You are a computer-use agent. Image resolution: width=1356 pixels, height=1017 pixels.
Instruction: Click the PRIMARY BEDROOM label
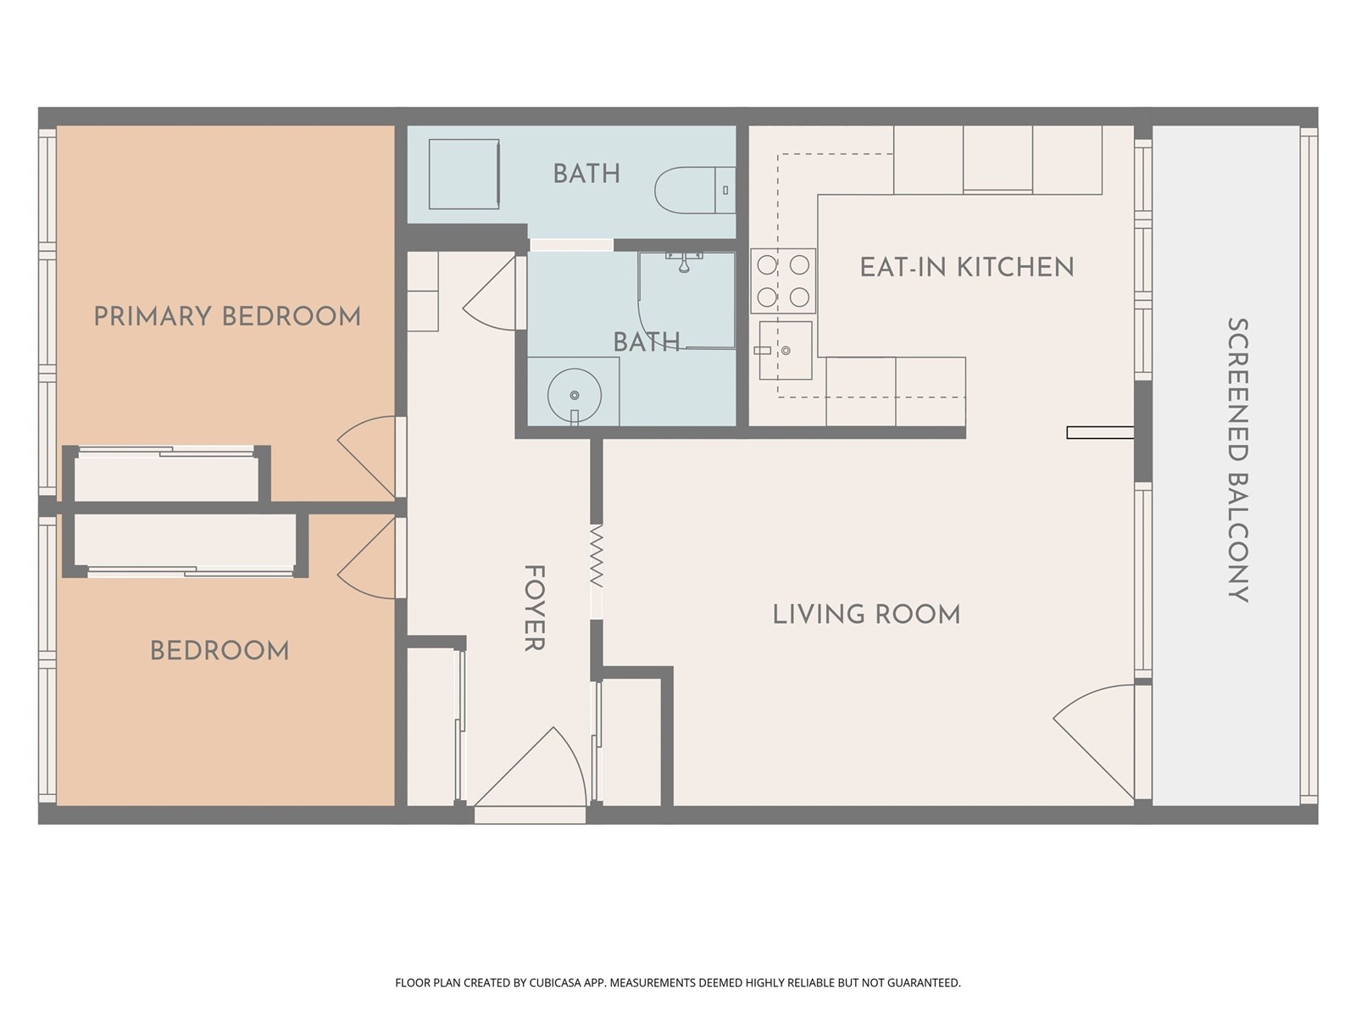[227, 317]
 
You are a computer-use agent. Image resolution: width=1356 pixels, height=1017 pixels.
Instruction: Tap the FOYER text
[535, 608]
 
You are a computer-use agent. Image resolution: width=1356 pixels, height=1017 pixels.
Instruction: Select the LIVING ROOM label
[867, 614]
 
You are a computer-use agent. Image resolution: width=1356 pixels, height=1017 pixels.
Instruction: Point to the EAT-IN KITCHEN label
[967, 267]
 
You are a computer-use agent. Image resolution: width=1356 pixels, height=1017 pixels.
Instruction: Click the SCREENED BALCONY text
[1238, 460]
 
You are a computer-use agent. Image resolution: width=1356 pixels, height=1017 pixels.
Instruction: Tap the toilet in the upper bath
[695, 190]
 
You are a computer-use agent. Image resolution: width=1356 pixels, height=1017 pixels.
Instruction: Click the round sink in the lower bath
[574, 396]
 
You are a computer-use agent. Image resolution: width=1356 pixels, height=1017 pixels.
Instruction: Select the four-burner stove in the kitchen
[783, 281]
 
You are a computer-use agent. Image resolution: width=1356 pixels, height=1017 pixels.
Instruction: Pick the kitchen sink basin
[785, 350]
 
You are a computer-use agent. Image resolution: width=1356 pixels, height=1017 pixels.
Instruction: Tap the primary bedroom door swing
[366, 457]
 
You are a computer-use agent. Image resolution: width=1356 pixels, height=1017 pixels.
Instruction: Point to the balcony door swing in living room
[1094, 742]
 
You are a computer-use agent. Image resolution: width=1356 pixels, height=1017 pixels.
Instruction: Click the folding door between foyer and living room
[596, 556]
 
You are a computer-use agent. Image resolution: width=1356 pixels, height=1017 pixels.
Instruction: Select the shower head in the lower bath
[684, 262]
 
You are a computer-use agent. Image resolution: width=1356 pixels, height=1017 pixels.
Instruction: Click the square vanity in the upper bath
[464, 174]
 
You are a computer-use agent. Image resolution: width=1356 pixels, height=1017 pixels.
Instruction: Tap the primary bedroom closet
[166, 476]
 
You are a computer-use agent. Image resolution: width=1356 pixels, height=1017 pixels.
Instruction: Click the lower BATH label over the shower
[646, 342]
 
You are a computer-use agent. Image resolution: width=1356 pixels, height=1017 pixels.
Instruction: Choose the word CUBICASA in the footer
[555, 982]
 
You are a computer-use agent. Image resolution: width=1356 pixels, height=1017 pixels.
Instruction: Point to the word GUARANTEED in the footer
[923, 982]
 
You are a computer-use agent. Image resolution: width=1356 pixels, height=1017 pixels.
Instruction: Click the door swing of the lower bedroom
[366, 558]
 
